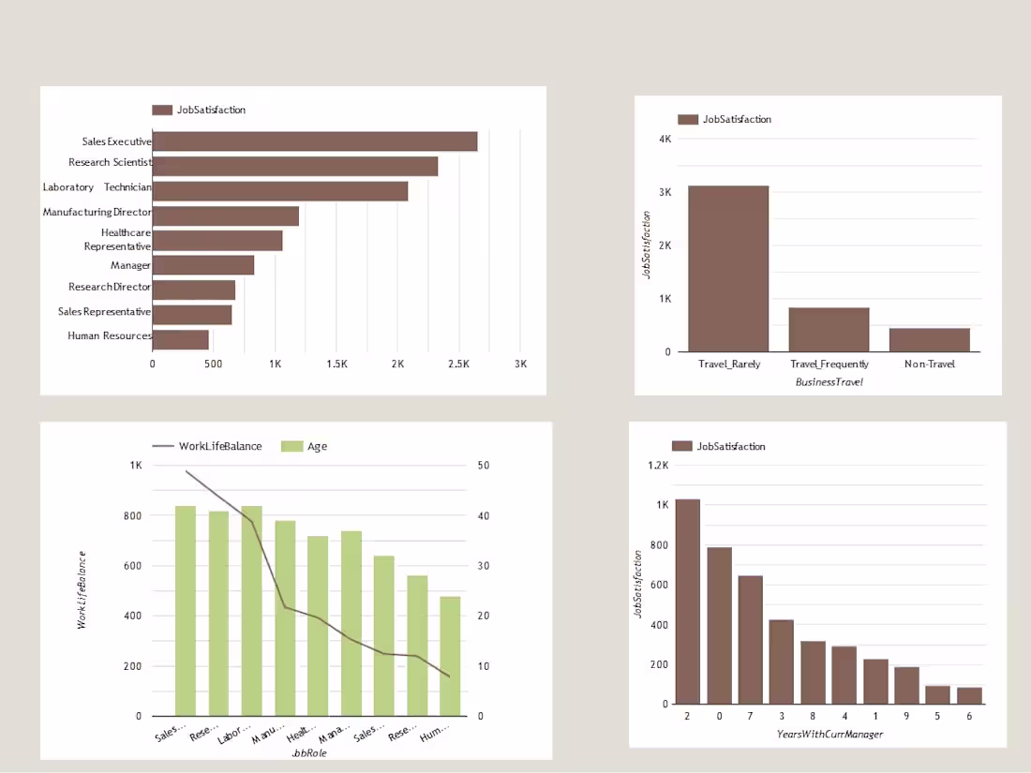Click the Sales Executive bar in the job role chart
pyautogui.click(x=315, y=141)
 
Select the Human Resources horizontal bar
pyautogui.click(x=181, y=339)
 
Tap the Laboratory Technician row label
pyautogui.click(x=97, y=187)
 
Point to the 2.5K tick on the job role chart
pyautogui.click(x=459, y=364)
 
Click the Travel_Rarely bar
pyautogui.click(x=728, y=269)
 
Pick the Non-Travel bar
pyautogui.click(x=930, y=339)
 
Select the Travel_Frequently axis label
pyautogui.click(x=829, y=364)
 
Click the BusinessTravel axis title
pyautogui.click(x=829, y=382)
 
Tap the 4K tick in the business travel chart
pyautogui.click(x=665, y=139)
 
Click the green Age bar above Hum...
pyautogui.click(x=451, y=656)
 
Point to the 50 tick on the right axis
pyautogui.click(x=484, y=466)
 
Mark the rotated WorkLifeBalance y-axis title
pyautogui.click(x=82, y=590)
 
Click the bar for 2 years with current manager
pyautogui.click(x=688, y=602)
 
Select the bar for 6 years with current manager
pyautogui.click(x=970, y=695)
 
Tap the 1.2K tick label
pyautogui.click(x=658, y=465)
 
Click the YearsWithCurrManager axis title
pyautogui.click(x=829, y=734)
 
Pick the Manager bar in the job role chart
pyautogui.click(x=203, y=265)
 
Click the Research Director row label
pyautogui.click(x=110, y=287)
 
